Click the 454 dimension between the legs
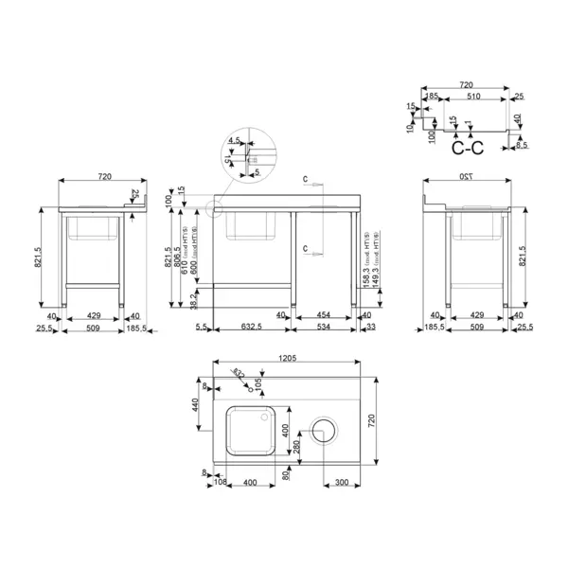[x=322, y=315]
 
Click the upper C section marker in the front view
[x=306, y=179]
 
